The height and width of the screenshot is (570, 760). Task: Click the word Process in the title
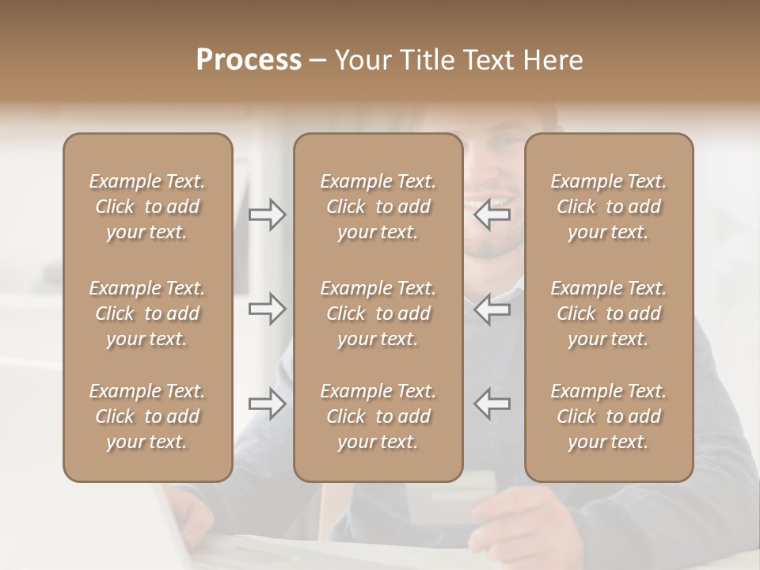tap(249, 60)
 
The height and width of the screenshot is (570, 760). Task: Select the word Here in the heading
tap(552, 60)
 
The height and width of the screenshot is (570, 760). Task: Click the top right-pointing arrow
tap(268, 215)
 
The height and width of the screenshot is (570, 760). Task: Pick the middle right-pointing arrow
tap(268, 308)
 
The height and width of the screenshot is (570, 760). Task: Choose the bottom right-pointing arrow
tap(268, 403)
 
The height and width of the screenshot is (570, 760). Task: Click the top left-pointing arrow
tap(492, 215)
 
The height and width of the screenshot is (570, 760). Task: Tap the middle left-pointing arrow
tap(492, 308)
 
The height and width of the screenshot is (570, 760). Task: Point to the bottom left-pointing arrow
tap(492, 403)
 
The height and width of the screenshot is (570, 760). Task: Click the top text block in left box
tap(147, 207)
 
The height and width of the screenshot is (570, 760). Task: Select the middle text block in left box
tap(147, 313)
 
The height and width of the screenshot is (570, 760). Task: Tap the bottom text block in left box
tap(147, 416)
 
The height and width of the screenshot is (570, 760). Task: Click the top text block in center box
tap(378, 207)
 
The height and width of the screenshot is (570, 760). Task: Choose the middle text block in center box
tap(378, 313)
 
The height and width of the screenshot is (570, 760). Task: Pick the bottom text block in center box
tap(378, 416)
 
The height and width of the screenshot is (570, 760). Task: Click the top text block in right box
tap(608, 207)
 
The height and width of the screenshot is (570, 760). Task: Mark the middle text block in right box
tap(608, 313)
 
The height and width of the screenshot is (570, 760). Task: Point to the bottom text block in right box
tap(608, 416)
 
